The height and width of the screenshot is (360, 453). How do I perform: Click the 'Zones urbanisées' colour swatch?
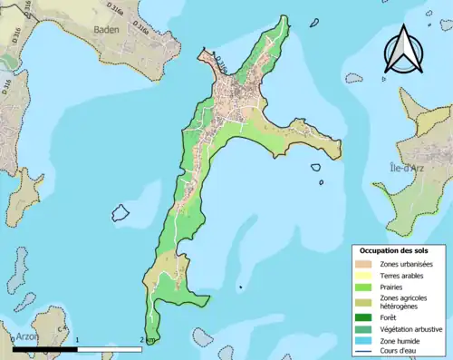tap(362, 263)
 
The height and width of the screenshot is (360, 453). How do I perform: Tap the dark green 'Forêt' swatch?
tap(362, 317)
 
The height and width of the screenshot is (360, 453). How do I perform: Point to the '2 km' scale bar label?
tap(147, 340)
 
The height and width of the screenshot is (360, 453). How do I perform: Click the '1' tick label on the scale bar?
tap(78, 340)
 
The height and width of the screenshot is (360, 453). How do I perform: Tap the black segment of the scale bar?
tap(45, 349)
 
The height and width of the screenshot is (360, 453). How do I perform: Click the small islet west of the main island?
tap(120, 213)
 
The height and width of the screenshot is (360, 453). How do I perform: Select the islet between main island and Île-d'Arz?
tap(317, 169)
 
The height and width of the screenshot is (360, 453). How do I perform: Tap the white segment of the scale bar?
tap(109, 349)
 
